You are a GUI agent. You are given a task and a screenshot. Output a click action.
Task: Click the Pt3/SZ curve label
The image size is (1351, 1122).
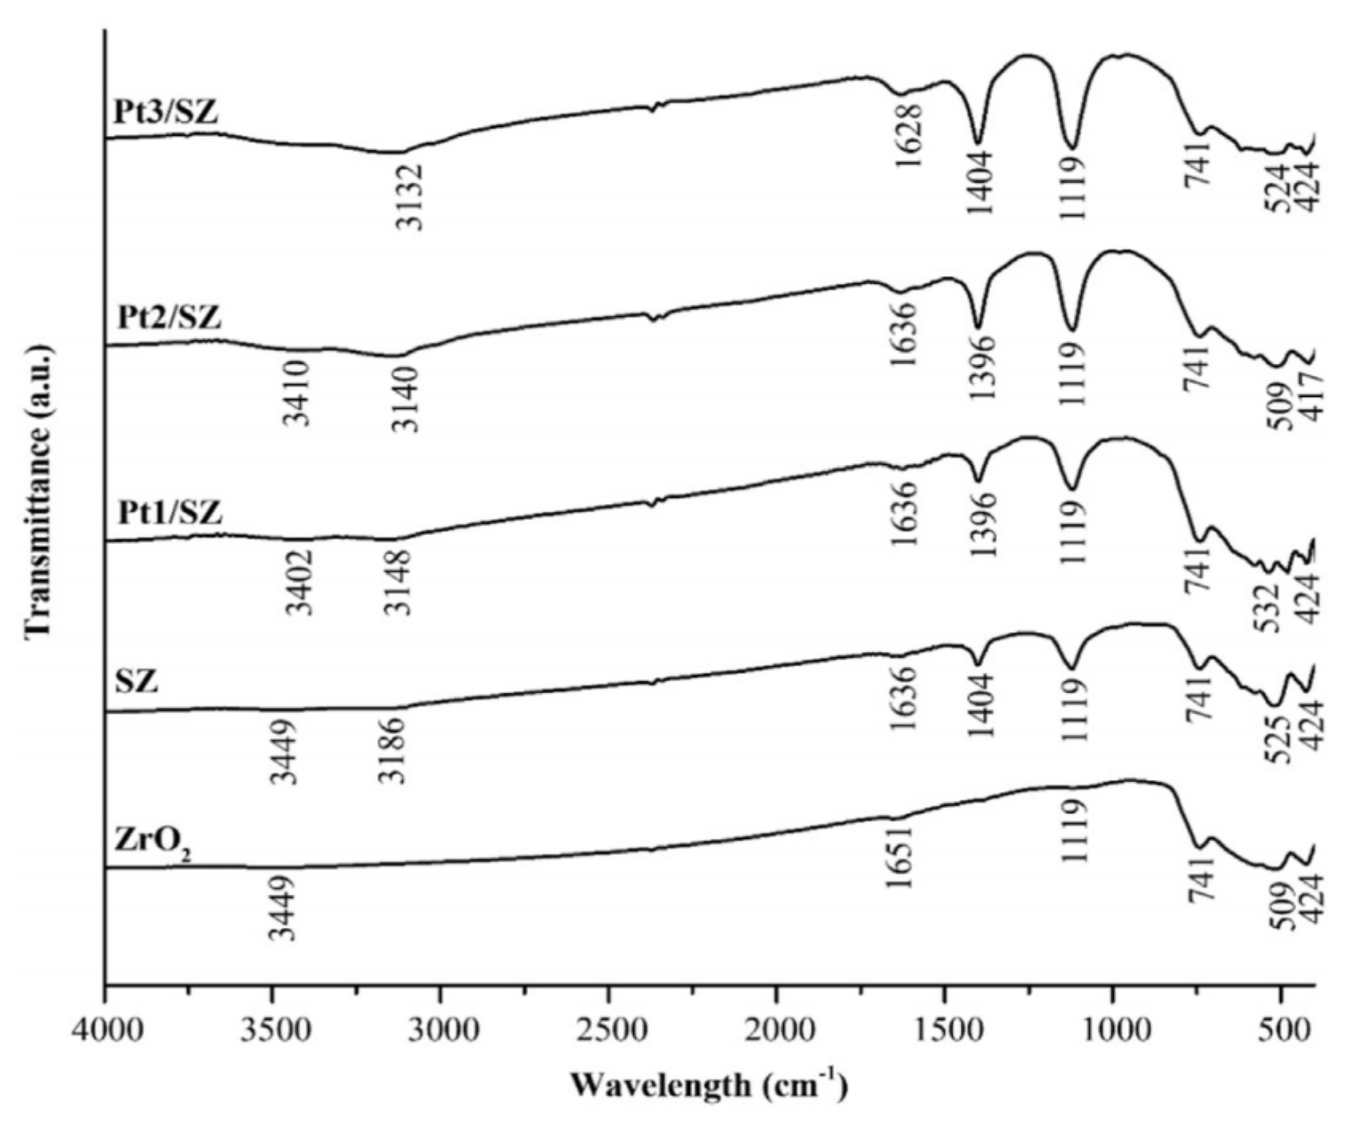166,112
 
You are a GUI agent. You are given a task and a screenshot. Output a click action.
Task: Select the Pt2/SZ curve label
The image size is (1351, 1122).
169,317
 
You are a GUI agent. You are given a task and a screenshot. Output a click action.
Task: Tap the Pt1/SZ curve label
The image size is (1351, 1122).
170,513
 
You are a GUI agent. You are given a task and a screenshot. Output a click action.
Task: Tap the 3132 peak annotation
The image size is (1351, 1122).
409,197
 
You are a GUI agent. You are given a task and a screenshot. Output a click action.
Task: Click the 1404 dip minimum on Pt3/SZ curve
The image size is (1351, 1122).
978,142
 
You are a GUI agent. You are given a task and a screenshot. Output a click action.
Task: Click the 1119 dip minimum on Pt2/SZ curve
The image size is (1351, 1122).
1071,329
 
